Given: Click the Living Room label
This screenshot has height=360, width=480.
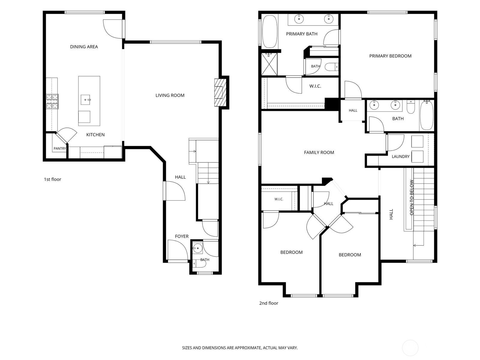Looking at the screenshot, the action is [170, 95].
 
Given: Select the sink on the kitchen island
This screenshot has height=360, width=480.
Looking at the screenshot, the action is [85, 100].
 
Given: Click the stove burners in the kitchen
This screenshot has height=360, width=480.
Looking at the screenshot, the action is [52, 101].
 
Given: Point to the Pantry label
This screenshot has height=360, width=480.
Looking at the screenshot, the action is [60, 148].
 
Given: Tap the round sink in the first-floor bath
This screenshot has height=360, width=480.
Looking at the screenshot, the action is [197, 248].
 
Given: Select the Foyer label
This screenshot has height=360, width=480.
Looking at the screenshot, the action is [181, 236].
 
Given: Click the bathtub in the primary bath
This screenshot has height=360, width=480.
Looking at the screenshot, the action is [270, 31].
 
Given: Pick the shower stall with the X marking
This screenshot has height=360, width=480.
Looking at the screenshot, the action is [269, 64].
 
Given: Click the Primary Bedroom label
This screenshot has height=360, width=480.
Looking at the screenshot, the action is [390, 56].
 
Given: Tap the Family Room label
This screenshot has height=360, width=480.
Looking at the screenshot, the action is [319, 152].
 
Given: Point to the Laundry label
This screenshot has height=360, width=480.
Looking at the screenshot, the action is [400, 157].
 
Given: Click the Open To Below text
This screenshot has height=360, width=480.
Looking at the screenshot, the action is [411, 197].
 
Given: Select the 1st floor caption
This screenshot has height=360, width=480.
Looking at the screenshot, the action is [52, 179].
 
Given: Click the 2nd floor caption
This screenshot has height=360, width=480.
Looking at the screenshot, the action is [268, 303].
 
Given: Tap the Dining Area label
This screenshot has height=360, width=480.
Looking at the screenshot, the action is [84, 47].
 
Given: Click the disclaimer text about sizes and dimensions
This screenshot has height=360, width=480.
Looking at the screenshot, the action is [240, 347].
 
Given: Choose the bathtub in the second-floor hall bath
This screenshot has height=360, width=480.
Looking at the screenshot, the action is [426, 115].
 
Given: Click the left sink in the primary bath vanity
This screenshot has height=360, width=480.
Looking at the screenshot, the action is [299, 19].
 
